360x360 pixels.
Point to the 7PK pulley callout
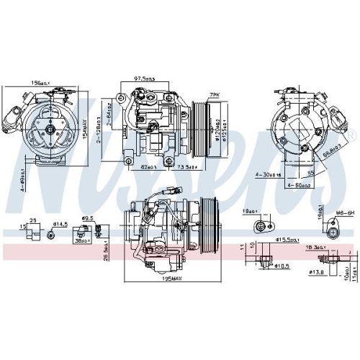(x=213, y=95)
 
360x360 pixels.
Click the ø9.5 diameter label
(x=89, y=218)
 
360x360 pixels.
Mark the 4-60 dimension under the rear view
(x=296, y=186)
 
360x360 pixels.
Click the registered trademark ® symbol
(x=351, y=135)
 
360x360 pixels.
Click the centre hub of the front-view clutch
(x=52, y=130)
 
